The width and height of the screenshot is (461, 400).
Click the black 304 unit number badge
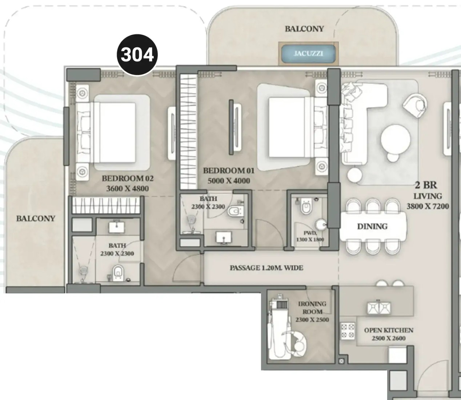[137, 55]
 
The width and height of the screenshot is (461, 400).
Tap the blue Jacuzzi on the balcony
[308, 54]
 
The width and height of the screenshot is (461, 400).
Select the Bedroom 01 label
[229, 171]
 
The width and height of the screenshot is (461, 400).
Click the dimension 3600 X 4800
[128, 188]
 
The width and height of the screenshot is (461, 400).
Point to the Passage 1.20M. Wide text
[266, 268]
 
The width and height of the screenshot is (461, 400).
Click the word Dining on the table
[372, 226]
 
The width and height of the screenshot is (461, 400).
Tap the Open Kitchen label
[389, 331]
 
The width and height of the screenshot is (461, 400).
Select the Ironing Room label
[312, 308]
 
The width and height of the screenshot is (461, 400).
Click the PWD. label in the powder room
[310, 233]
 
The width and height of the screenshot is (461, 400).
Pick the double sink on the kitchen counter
[379, 308]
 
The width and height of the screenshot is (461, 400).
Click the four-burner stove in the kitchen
[348, 331]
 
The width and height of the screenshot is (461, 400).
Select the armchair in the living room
[415, 105]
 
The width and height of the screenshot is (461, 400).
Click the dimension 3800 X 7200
[428, 206]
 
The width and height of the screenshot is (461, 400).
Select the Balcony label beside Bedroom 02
[36, 219]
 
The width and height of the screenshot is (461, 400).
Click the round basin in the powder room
[321, 225]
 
